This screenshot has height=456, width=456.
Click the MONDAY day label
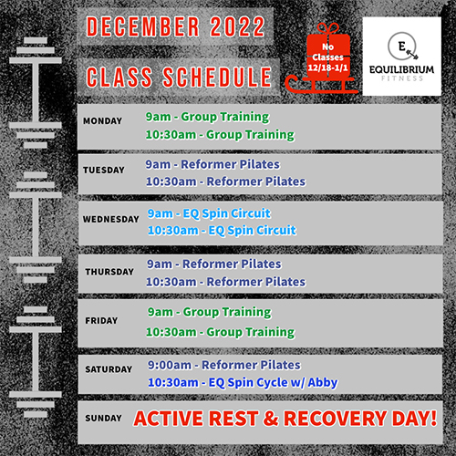[102, 121]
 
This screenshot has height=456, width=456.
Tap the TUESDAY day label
[104, 170]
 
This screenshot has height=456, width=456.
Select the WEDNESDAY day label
[111, 219]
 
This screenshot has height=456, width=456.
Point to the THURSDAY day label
[109, 272]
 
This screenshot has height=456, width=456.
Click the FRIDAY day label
[101, 321]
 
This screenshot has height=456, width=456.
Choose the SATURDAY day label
[109, 369]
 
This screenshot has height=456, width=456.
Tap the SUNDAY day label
[103, 419]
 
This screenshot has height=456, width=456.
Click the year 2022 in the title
[237, 26]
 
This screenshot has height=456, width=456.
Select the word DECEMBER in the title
[143, 26]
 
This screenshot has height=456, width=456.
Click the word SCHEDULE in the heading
[217, 77]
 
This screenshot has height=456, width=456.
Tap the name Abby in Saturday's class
[323, 382]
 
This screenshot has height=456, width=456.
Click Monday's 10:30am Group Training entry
[220, 135]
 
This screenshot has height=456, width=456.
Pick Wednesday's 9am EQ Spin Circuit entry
[209, 213]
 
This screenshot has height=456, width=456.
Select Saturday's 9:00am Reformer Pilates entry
[224, 365]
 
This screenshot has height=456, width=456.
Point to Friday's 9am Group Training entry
[210, 312]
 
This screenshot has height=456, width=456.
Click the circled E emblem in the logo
[402, 47]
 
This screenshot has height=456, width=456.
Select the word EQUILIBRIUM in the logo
[401, 69]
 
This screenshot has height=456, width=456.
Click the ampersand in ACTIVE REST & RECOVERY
[271, 419]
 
